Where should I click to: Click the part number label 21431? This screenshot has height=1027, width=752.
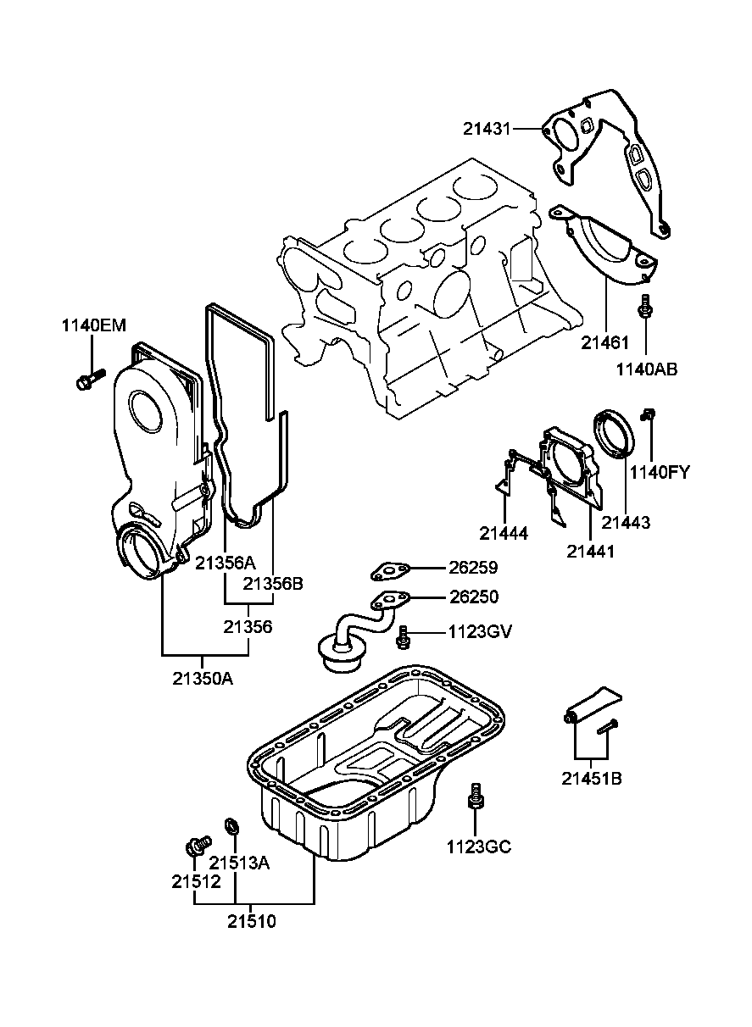point(487,129)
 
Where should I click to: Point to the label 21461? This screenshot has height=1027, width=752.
point(605,343)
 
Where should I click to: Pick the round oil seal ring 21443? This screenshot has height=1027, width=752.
point(612,432)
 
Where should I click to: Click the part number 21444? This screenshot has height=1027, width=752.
point(504,533)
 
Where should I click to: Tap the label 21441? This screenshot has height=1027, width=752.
point(591,551)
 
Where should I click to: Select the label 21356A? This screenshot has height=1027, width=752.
point(226,562)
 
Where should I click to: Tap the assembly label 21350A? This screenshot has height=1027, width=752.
point(203,678)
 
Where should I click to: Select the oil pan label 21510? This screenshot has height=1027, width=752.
point(252,921)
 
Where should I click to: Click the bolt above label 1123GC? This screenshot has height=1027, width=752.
point(476,797)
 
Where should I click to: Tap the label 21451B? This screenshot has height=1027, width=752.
point(591,777)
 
